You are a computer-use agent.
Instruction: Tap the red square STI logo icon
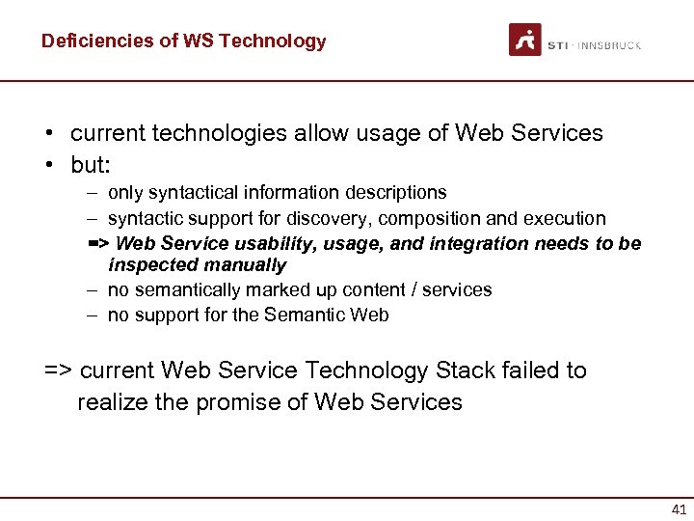[524, 40]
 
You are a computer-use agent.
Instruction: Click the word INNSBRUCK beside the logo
[611, 45]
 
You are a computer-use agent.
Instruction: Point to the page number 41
[679, 509]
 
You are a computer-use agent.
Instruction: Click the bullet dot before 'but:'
[49, 165]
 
